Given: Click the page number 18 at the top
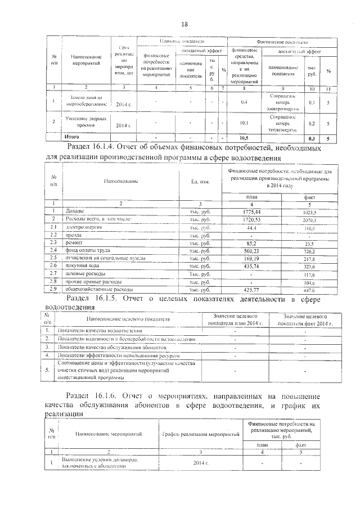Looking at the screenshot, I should (x=184, y=24).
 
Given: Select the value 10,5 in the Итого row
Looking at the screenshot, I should (x=244, y=137).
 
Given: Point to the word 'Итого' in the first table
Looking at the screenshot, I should (x=71, y=137).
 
